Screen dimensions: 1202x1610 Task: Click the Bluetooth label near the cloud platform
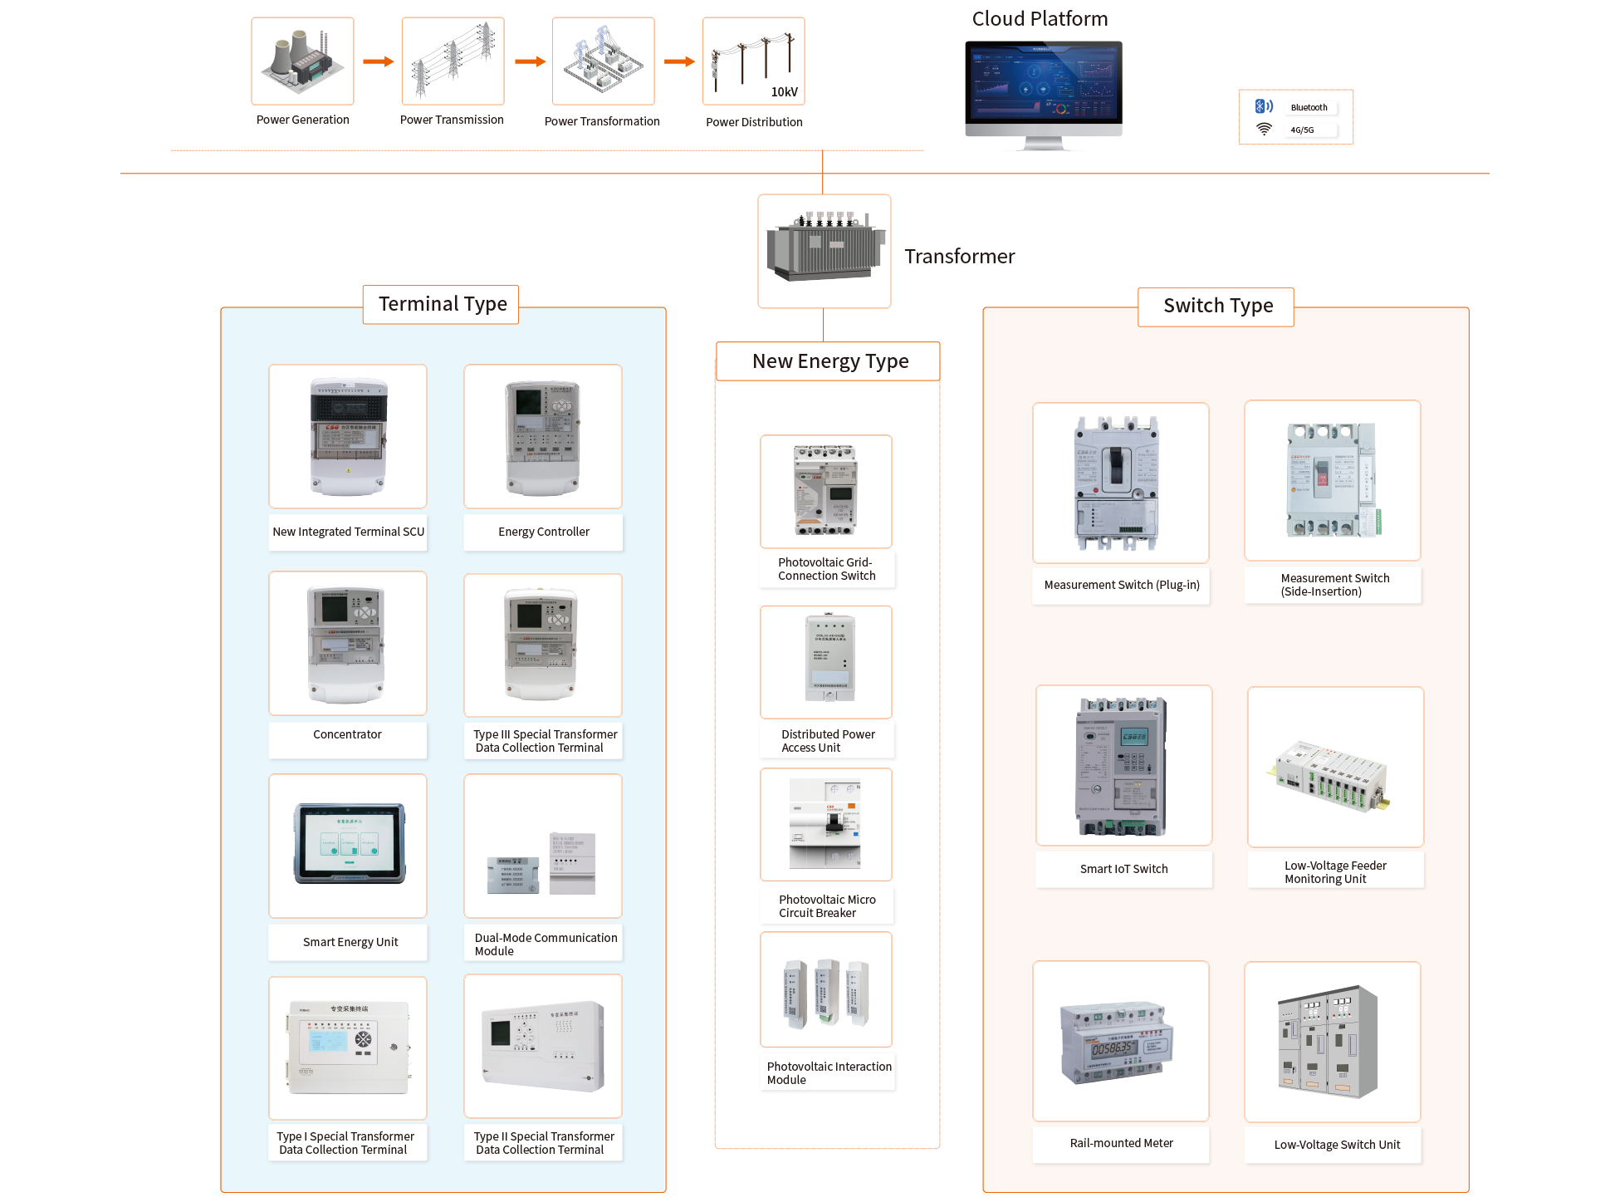coord(1309,107)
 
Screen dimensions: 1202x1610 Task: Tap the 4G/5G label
coord(1303,130)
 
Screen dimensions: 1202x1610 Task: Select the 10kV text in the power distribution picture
coord(784,92)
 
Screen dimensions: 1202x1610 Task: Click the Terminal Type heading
coord(442,304)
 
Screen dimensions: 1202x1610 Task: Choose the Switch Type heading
coord(1217,306)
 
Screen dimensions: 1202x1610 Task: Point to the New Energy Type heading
coord(829,361)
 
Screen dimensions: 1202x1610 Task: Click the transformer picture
coord(824,250)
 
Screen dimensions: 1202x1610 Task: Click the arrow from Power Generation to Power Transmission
coord(378,61)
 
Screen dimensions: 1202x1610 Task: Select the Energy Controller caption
coord(543,532)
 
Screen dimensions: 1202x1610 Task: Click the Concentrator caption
coord(347,734)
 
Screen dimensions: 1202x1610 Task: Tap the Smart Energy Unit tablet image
coord(349,844)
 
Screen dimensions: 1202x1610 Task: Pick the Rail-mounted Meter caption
coord(1121,1143)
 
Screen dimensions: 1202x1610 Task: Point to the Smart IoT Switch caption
coord(1123,869)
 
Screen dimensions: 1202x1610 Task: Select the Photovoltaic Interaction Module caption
coord(828,1072)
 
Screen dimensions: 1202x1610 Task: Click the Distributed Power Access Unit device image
coord(828,660)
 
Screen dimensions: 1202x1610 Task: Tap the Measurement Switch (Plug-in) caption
coord(1121,585)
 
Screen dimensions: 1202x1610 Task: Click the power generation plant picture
coord(302,61)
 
